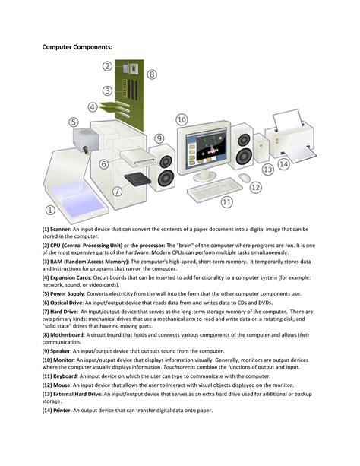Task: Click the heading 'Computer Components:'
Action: click(x=77, y=47)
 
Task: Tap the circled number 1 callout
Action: click(x=51, y=210)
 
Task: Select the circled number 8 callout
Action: click(x=152, y=74)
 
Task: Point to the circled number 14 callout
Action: click(x=284, y=164)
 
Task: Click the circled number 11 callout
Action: click(x=226, y=201)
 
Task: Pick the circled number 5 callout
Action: click(x=74, y=122)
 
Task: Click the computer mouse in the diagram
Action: click(x=245, y=177)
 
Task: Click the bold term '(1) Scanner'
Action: click(x=58, y=229)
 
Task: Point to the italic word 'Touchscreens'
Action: click(x=184, y=367)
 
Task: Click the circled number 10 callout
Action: click(x=182, y=119)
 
